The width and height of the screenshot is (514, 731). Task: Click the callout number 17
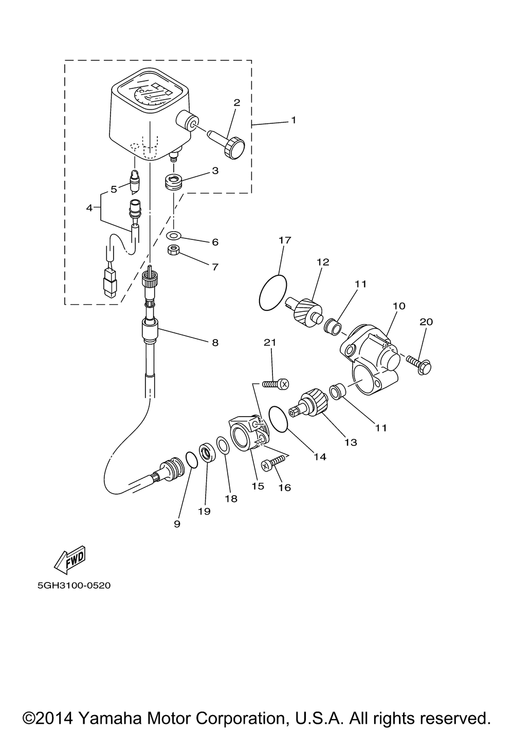[x=285, y=240]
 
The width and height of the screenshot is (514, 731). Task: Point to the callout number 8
[x=215, y=342]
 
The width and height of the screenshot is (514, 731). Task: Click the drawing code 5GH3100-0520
[x=74, y=585]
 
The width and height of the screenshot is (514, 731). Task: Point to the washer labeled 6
[x=174, y=235]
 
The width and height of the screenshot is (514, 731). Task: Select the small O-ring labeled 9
[x=190, y=460]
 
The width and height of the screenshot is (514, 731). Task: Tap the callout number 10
[x=399, y=306]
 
